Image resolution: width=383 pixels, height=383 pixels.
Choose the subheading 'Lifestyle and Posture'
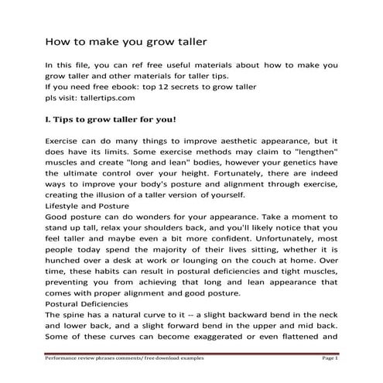[x=91, y=207]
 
